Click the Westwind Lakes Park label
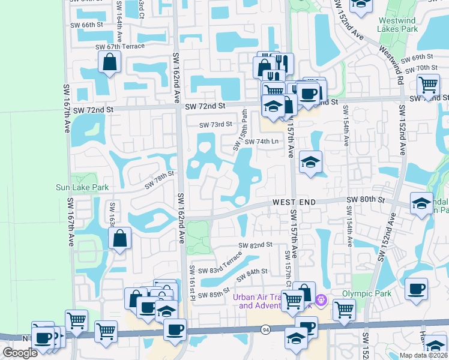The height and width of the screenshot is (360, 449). coord(397,24)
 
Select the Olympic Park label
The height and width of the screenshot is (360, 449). coord(366,294)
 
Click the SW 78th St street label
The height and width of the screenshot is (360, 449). coord(158,178)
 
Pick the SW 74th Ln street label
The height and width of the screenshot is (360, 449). coord(262,142)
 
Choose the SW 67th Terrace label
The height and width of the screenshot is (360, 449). coord(120,47)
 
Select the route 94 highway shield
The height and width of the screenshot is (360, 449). coord(265,329)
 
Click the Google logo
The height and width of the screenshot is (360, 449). coord(20,353)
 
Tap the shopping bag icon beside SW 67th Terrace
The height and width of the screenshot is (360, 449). coord(110,62)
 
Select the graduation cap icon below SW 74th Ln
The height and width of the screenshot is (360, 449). coord(310,162)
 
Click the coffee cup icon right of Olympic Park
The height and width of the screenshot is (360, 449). coord(416,289)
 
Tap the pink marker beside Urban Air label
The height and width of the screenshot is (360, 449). coord(322,298)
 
